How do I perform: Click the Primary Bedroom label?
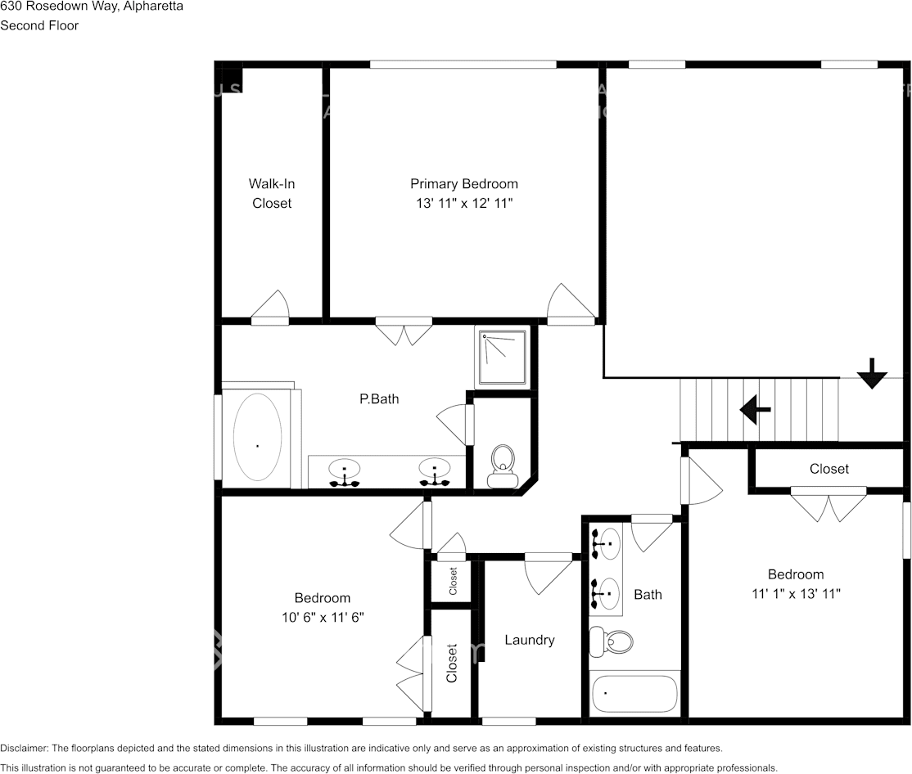[x=463, y=184]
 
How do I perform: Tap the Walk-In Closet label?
[x=272, y=193]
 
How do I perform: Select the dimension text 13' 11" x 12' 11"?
[x=463, y=203]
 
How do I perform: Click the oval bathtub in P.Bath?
[x=257, y=439]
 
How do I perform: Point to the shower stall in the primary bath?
[x=502, y=358]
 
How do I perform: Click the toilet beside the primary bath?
[x=502, y=463]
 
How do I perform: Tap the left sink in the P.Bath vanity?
[x=345, y=470]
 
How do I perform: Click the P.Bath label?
[x=379, y=399]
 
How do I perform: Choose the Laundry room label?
[x=529, y=640]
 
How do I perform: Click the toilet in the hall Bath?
[x=613, y=641]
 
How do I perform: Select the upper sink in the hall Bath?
[x=607, y=543]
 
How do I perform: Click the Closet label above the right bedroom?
[x=828, y=469]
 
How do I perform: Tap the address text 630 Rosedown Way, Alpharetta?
[x=92, y=7]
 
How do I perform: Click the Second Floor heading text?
[x=39, y=25]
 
